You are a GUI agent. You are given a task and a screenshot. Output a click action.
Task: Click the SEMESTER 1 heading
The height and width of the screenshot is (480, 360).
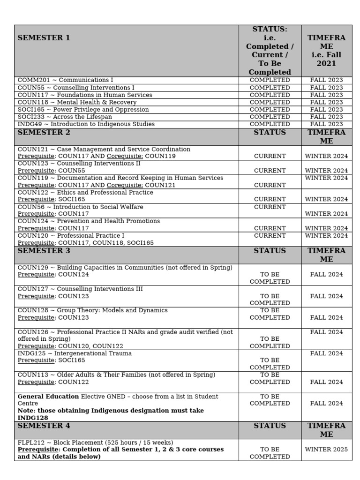[44, 38]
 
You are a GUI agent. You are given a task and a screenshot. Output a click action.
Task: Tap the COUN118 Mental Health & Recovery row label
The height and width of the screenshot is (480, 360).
[68, 102]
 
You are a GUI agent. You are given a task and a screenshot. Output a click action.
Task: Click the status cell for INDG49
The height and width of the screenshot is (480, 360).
[270, 124]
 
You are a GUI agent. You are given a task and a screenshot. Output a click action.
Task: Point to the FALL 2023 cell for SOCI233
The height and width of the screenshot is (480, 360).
[326, 117]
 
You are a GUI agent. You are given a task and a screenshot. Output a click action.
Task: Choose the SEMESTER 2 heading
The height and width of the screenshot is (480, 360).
[44, 133]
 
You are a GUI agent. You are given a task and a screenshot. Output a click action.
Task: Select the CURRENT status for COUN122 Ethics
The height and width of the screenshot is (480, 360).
[270, 199]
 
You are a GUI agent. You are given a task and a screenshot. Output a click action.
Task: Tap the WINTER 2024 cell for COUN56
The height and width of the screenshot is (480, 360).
[326, 214]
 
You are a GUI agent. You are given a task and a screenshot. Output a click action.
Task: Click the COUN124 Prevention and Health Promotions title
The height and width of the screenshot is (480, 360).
[89, 221]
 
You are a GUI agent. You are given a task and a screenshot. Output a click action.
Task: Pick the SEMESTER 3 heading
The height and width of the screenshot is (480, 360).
[44, 251]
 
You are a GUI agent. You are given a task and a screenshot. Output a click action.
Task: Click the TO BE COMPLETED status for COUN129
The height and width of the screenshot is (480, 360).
[270, 278]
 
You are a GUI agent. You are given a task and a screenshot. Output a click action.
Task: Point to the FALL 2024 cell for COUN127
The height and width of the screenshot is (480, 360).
[326, 296]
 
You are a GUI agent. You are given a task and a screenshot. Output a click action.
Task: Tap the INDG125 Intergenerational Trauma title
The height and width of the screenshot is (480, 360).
[75, 353]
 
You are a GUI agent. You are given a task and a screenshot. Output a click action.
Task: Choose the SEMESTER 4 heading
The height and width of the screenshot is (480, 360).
[44, 426]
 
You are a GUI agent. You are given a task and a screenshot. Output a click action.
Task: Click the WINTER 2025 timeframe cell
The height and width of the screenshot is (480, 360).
[326, 450]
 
